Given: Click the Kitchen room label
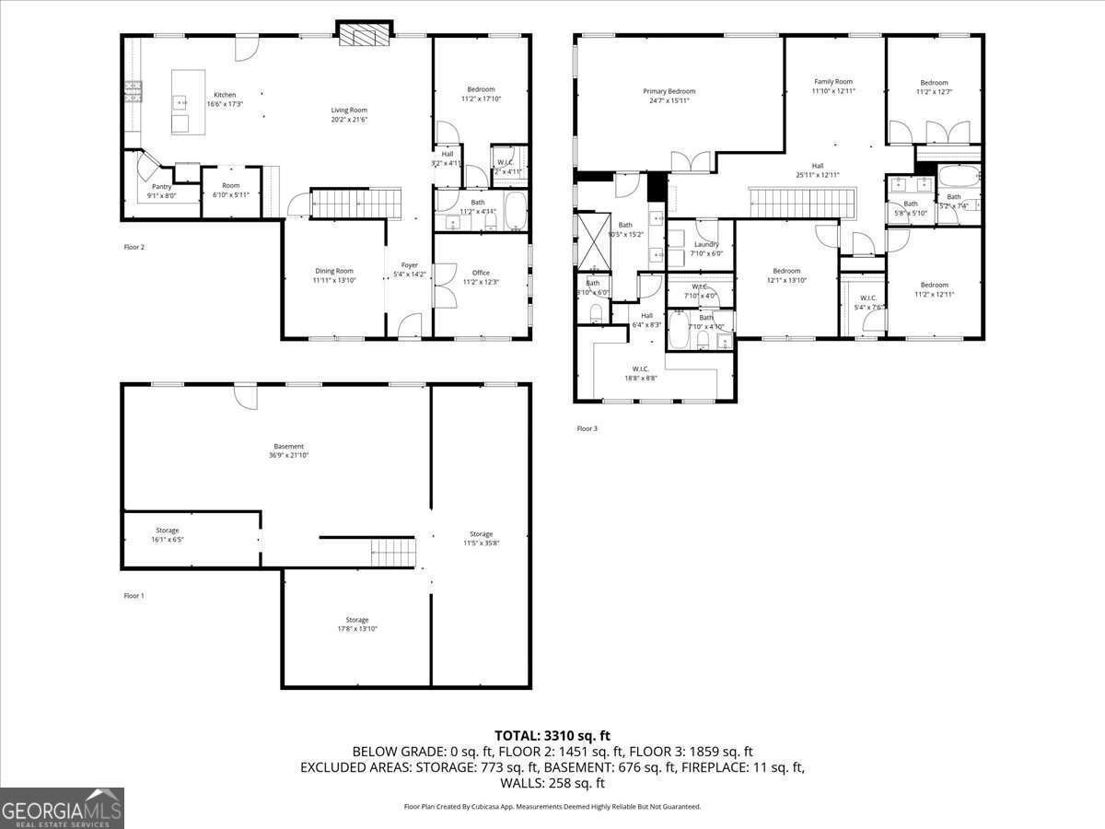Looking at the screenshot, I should click(x=225, y=95).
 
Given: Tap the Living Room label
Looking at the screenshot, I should click(x=349, y=111).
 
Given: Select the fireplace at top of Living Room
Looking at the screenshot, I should click(x=365, y=35).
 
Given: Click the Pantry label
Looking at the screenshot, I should click(x=162, y=186).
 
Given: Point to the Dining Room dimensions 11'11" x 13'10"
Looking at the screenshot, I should click(x=333, y=280).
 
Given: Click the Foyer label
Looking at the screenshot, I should click(x=409, y=265).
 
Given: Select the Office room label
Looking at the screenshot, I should click(x=481, y=273).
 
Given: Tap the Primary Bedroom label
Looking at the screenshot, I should click(x=669, y=91).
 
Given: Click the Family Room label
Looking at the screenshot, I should click(x=833, y=82).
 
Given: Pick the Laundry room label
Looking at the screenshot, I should click(x=706, y=244).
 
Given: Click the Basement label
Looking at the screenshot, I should click(x=288, y=447).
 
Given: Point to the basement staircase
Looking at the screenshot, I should click(x=393, y=554).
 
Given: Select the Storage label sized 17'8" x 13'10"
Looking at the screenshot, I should click(x=357, y=620).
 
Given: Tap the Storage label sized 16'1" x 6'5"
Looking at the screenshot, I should click(x=167, y=531).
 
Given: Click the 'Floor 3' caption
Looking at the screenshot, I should click(x=587, y=428).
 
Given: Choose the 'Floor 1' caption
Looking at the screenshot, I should click(x=134, y=596).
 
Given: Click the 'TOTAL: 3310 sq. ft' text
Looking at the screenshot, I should click(x=552, y=735).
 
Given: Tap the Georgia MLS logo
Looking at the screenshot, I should click(x=62, y=808).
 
